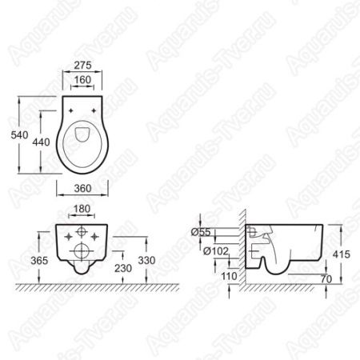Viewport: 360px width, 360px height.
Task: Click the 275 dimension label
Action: pyautogui.click(x=82, y=65)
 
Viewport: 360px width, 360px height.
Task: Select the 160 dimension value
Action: pyautogui.click(x=82, y=80)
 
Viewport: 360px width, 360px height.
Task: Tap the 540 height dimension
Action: pyautogui.click(x=19, y=135)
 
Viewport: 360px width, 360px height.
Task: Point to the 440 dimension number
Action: pyautogui.click(x=41, y=142)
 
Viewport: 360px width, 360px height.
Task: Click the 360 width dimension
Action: pyautogui.click(x=82, y=188)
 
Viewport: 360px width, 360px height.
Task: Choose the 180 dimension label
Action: pyautogui.click(x=82, y=209)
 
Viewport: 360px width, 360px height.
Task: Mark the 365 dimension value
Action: pyautogui.click(x=39, y=261)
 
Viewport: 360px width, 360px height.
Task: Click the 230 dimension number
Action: pyautogui.click(x=123, y=268)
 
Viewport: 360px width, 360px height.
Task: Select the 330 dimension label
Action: pyautogui.click(x=146, y=261)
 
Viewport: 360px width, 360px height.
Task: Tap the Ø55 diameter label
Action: pyautogui.click(x=201, y=232)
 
